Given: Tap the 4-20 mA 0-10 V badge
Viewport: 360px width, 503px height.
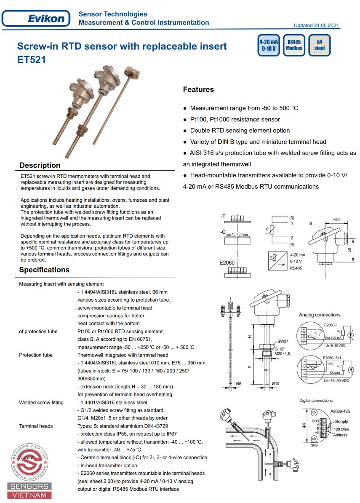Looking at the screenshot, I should coord(269,45).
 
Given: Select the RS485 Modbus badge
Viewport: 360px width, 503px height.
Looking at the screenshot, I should coord(294,45).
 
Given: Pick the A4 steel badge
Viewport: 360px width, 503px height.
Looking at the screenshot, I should coord(320,45).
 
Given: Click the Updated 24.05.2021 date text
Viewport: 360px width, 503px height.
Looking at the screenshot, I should coord(316,26).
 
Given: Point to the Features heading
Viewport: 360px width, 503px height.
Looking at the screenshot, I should coord(198,89).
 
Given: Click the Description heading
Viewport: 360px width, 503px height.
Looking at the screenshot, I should coord(40,165).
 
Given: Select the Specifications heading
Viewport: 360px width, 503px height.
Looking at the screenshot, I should coord(44,270).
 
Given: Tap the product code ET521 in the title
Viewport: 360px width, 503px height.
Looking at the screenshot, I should coord(32,60).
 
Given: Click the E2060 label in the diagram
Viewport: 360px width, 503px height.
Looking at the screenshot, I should coord(227,262).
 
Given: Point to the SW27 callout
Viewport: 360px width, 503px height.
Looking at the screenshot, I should coord(283,341).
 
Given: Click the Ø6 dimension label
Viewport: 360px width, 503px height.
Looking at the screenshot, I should coord(238,383).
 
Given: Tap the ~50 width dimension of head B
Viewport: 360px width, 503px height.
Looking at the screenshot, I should coord(336,219).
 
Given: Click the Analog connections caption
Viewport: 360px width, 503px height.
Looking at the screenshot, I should coord(320,315).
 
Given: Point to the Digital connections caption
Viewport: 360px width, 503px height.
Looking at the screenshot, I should coord(316,401).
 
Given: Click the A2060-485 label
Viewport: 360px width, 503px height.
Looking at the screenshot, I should coord(340,411).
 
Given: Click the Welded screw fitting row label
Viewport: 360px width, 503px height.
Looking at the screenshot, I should coord(41,402).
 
